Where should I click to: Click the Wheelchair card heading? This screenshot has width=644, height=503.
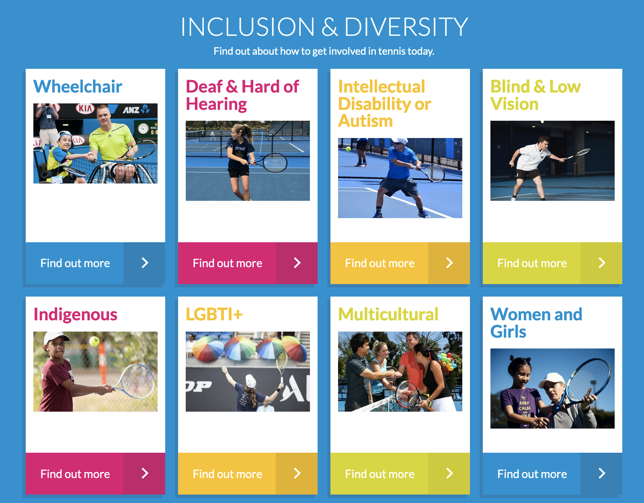(x=78, y=87)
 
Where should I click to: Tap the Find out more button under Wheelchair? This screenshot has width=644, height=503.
(x=95, y=263)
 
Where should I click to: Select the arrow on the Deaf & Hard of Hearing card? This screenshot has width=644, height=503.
(x=297, y=263)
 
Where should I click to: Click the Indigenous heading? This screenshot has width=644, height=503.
(x=75, y=314)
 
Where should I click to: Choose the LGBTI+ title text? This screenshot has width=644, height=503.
(x=214, y=314)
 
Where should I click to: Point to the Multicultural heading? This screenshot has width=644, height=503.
(x=388, y=314)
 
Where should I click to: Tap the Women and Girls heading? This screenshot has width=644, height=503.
(x=536, y=323)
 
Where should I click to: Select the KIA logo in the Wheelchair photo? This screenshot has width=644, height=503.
(x=85, y=109)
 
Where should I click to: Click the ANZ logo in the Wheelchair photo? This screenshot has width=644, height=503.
(x=136, y=110)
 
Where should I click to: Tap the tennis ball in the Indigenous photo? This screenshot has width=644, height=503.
(x=94, y=341)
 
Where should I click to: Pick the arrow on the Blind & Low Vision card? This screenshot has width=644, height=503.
(x=602, y=263)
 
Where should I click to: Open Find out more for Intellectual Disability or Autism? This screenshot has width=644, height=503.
(x=400, y=263)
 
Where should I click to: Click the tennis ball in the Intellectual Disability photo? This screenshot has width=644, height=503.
(x=348, y=149)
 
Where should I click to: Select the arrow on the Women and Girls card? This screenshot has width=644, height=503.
(x=602, y=473)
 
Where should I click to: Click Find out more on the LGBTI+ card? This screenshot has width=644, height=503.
(x=248, y=474)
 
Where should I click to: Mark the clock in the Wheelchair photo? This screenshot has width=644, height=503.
(x=144, y=129)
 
